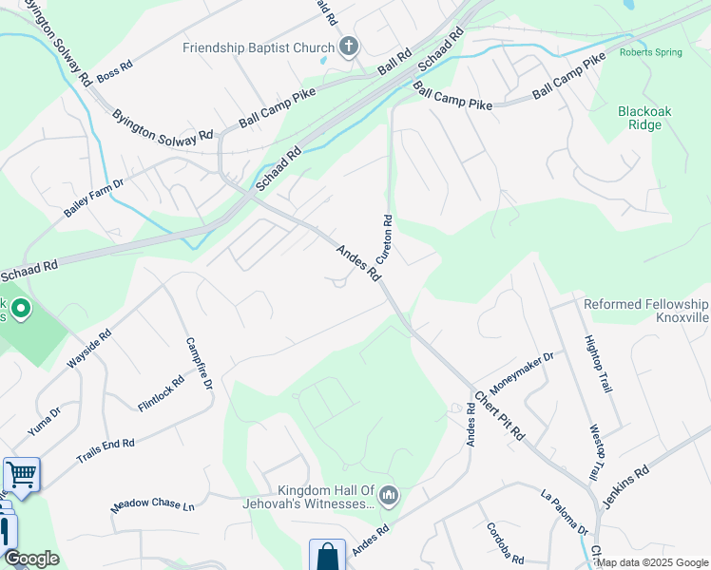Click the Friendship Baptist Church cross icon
click(349, 47)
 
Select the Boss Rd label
click(114, 69)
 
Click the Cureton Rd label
click(387, 237)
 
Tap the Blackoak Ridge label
click(644, 118)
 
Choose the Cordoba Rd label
click(505, 542)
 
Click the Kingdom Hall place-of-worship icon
click(389, 496)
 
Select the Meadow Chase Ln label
click(152, 506)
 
